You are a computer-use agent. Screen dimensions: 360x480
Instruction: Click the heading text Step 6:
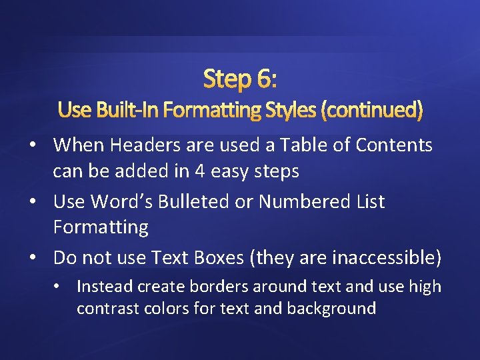[240, 79]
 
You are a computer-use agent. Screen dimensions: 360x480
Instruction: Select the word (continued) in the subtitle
[371, 109]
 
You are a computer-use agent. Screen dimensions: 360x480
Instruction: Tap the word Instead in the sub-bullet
[105, 287]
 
